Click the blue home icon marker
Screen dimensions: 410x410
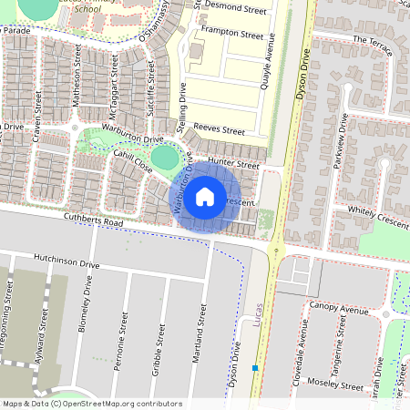[205, 195]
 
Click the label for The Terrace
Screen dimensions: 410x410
[371, 41]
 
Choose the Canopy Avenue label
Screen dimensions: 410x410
[338, 308]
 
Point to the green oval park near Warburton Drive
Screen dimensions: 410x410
[164, 157]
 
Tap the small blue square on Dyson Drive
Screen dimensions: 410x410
[256, 369]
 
